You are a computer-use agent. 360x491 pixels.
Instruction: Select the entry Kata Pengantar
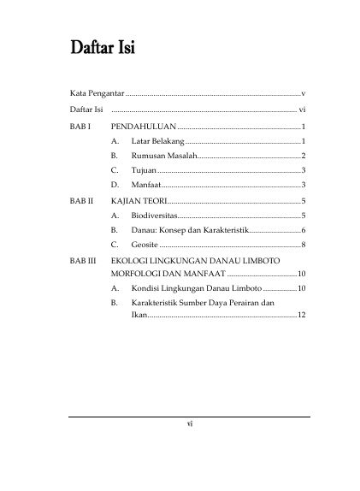[97, 90]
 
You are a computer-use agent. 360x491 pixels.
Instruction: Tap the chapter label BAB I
[80, 127]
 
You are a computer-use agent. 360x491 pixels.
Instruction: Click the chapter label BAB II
[81, 200]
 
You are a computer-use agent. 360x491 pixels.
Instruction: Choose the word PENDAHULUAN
[144, 127]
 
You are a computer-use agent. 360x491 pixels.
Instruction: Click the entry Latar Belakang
[157, 141]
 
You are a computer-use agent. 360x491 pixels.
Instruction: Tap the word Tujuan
[143, 170]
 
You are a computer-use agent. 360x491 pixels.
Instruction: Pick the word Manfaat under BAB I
[146, 185]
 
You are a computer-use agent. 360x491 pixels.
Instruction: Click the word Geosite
[145, 245]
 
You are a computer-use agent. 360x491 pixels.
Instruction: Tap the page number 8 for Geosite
[304, 245]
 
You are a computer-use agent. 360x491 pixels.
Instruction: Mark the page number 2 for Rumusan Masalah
[304, 156]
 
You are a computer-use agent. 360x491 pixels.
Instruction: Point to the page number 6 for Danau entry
[304, 229]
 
